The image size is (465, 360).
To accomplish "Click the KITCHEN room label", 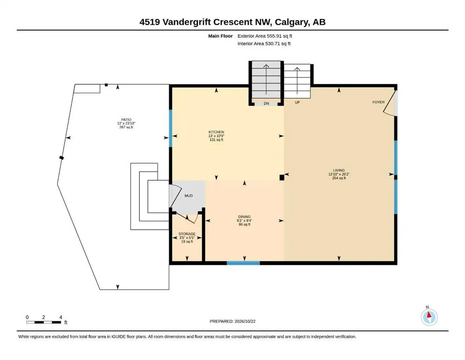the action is coord(216,132).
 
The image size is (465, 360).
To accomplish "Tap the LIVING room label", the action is coord(339,171).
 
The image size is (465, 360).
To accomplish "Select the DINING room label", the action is coord(244,217).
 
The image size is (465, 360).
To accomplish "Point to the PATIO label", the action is coord(126,120).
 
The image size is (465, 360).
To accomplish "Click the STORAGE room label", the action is coord(187,234).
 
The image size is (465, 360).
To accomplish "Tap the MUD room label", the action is coord(189,196).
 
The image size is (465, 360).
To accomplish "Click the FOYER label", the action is coord(378,102).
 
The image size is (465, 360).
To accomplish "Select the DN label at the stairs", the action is coord(266,104).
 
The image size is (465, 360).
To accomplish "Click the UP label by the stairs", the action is coord(297,102).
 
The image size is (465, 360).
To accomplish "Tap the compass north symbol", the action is coord(429,317).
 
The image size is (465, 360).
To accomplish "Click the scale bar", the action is coord(44,322).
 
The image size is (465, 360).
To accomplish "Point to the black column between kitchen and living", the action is coord(282,178).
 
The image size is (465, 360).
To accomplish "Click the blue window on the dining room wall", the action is coord(243,263).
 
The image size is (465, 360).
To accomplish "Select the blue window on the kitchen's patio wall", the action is coord(170,128).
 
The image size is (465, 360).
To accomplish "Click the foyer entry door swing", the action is coord(390,104).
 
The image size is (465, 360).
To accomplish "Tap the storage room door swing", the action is coord(187,218).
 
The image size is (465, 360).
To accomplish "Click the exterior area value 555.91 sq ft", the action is coord(265,36).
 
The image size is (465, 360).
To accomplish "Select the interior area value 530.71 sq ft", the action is coord(264,44).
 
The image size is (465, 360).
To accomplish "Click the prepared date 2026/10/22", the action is coord(245,321).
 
